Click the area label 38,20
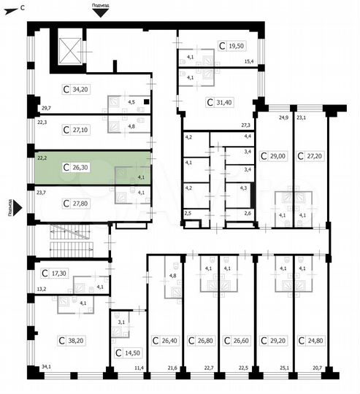(72, 340)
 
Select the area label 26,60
(237, 340)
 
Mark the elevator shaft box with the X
(70, 50)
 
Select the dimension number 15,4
(249, 61)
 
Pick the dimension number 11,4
(138, 367)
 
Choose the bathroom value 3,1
(120, 321)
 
